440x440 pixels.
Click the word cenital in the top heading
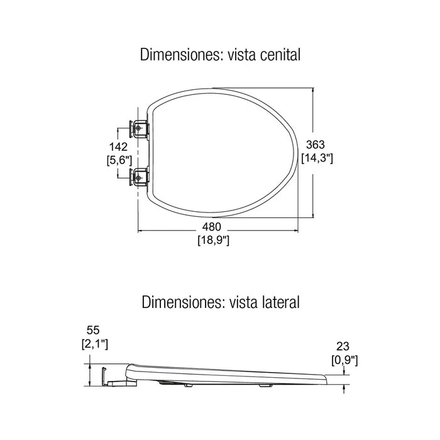click(280, 55)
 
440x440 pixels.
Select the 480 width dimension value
click(212, 227)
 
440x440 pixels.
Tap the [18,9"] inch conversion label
click(214, 240)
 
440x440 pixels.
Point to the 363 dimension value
click(316, 145)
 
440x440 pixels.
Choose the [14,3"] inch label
click(317, 158)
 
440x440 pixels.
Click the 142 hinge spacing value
click(118, 146)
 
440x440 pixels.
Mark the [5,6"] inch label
click(119, 160)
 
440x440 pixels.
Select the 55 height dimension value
click(93, 330)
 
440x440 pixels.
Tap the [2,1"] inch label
click(95, 344)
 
